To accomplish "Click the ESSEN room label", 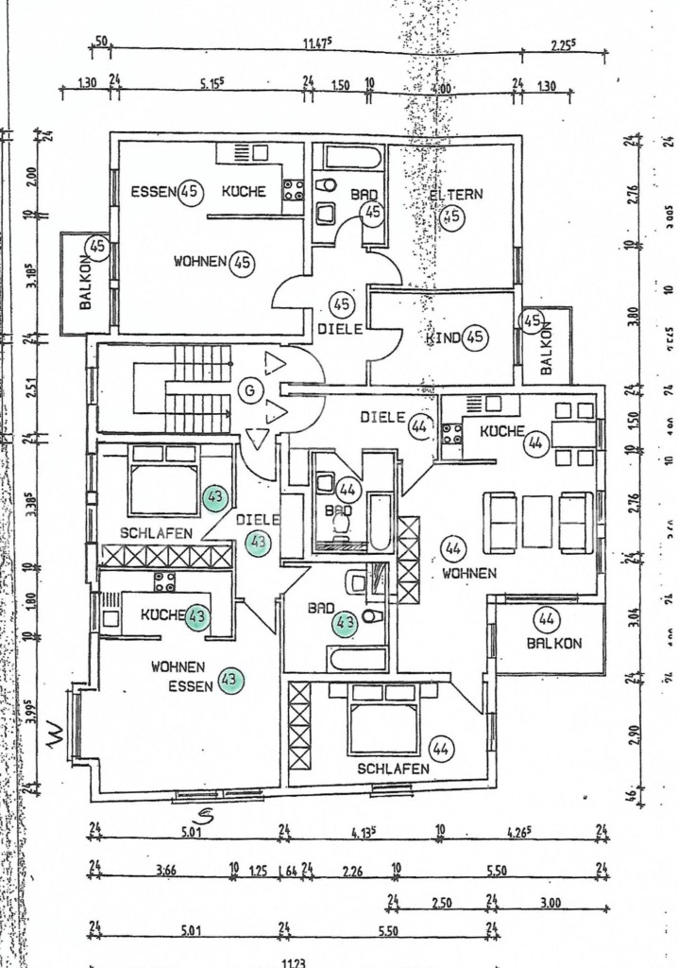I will pyautogui.click(x=154, y=192).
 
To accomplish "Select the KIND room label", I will pyautogui.click(x=443, y=337).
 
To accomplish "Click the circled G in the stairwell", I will pyautogui.click(x=249, y=389).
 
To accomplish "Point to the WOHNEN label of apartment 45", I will pyautogui.click(x=199, y=262).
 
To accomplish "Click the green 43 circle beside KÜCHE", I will pyautogui.click(x=197, y=615).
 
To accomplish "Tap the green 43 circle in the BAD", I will pyautogui.click(x=344, y=623).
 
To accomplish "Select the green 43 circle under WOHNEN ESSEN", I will pyautogui.click(x=229, y=680).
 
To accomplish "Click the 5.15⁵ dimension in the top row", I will pyautogui.click(x=211, y=84).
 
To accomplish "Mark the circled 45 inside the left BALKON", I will pyautogui.click(x=97, y=248).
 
